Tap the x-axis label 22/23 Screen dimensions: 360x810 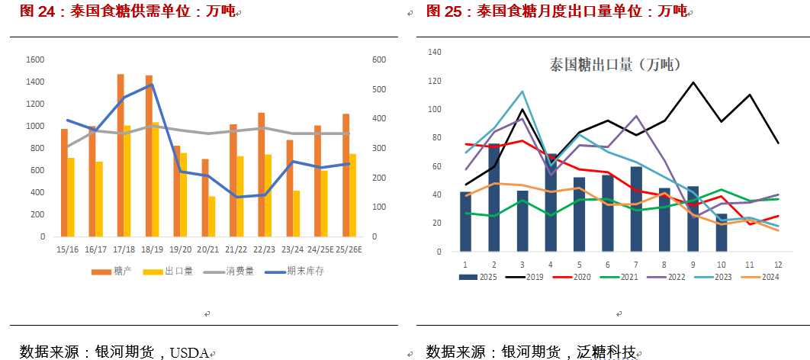tap(264, 249)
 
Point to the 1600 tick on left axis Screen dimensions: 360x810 tap(35, 59)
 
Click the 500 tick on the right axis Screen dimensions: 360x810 tap(379, 89)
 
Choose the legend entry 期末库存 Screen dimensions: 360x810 tap(304, 271)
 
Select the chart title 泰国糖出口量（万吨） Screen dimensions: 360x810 tap(615, 65)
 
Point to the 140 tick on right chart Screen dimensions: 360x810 tap(435, 52)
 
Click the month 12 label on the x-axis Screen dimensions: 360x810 tap(778, 264)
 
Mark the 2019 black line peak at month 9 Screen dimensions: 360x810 tap(693, 82)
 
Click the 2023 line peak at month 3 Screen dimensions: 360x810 tap(522, 92)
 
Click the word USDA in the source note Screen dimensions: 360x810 tap(188, 352)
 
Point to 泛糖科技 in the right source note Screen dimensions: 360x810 tap(608, 352)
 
